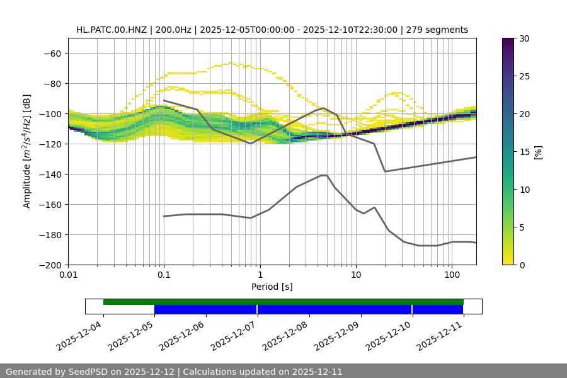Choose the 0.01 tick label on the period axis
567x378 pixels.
pos(68,275)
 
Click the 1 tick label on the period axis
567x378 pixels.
pos(260,275)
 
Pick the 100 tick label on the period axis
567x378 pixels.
pos(452,275)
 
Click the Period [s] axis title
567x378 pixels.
pos(272,287)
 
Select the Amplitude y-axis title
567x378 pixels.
pos(27,151)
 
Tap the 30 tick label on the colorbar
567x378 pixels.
pos(524,38)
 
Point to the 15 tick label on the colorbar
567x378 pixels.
pos(524,151)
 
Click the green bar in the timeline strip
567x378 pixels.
pos(283,302)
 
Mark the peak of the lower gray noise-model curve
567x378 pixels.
pos(324,175)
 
